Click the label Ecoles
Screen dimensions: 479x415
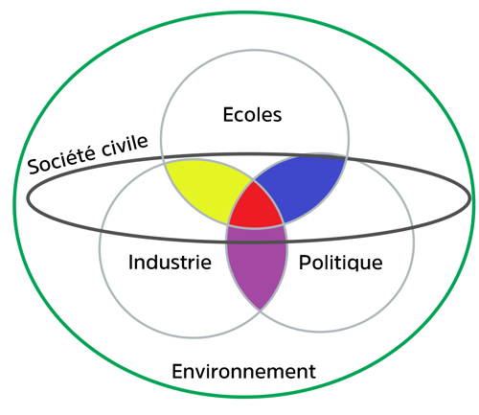252,115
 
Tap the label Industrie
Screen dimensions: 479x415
170,262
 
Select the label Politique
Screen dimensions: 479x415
340,263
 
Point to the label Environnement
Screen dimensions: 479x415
243,371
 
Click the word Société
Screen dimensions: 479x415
61,158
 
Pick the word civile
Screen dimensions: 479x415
125,146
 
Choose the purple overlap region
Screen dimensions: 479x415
257,262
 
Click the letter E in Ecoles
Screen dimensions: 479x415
228,115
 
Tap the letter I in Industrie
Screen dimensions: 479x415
130,263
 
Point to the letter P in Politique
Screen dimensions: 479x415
305,263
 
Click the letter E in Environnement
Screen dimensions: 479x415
177,372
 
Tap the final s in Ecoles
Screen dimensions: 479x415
277,117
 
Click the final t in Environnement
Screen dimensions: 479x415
312,373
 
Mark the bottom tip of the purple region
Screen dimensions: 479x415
261,311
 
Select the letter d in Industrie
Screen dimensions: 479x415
154,262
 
